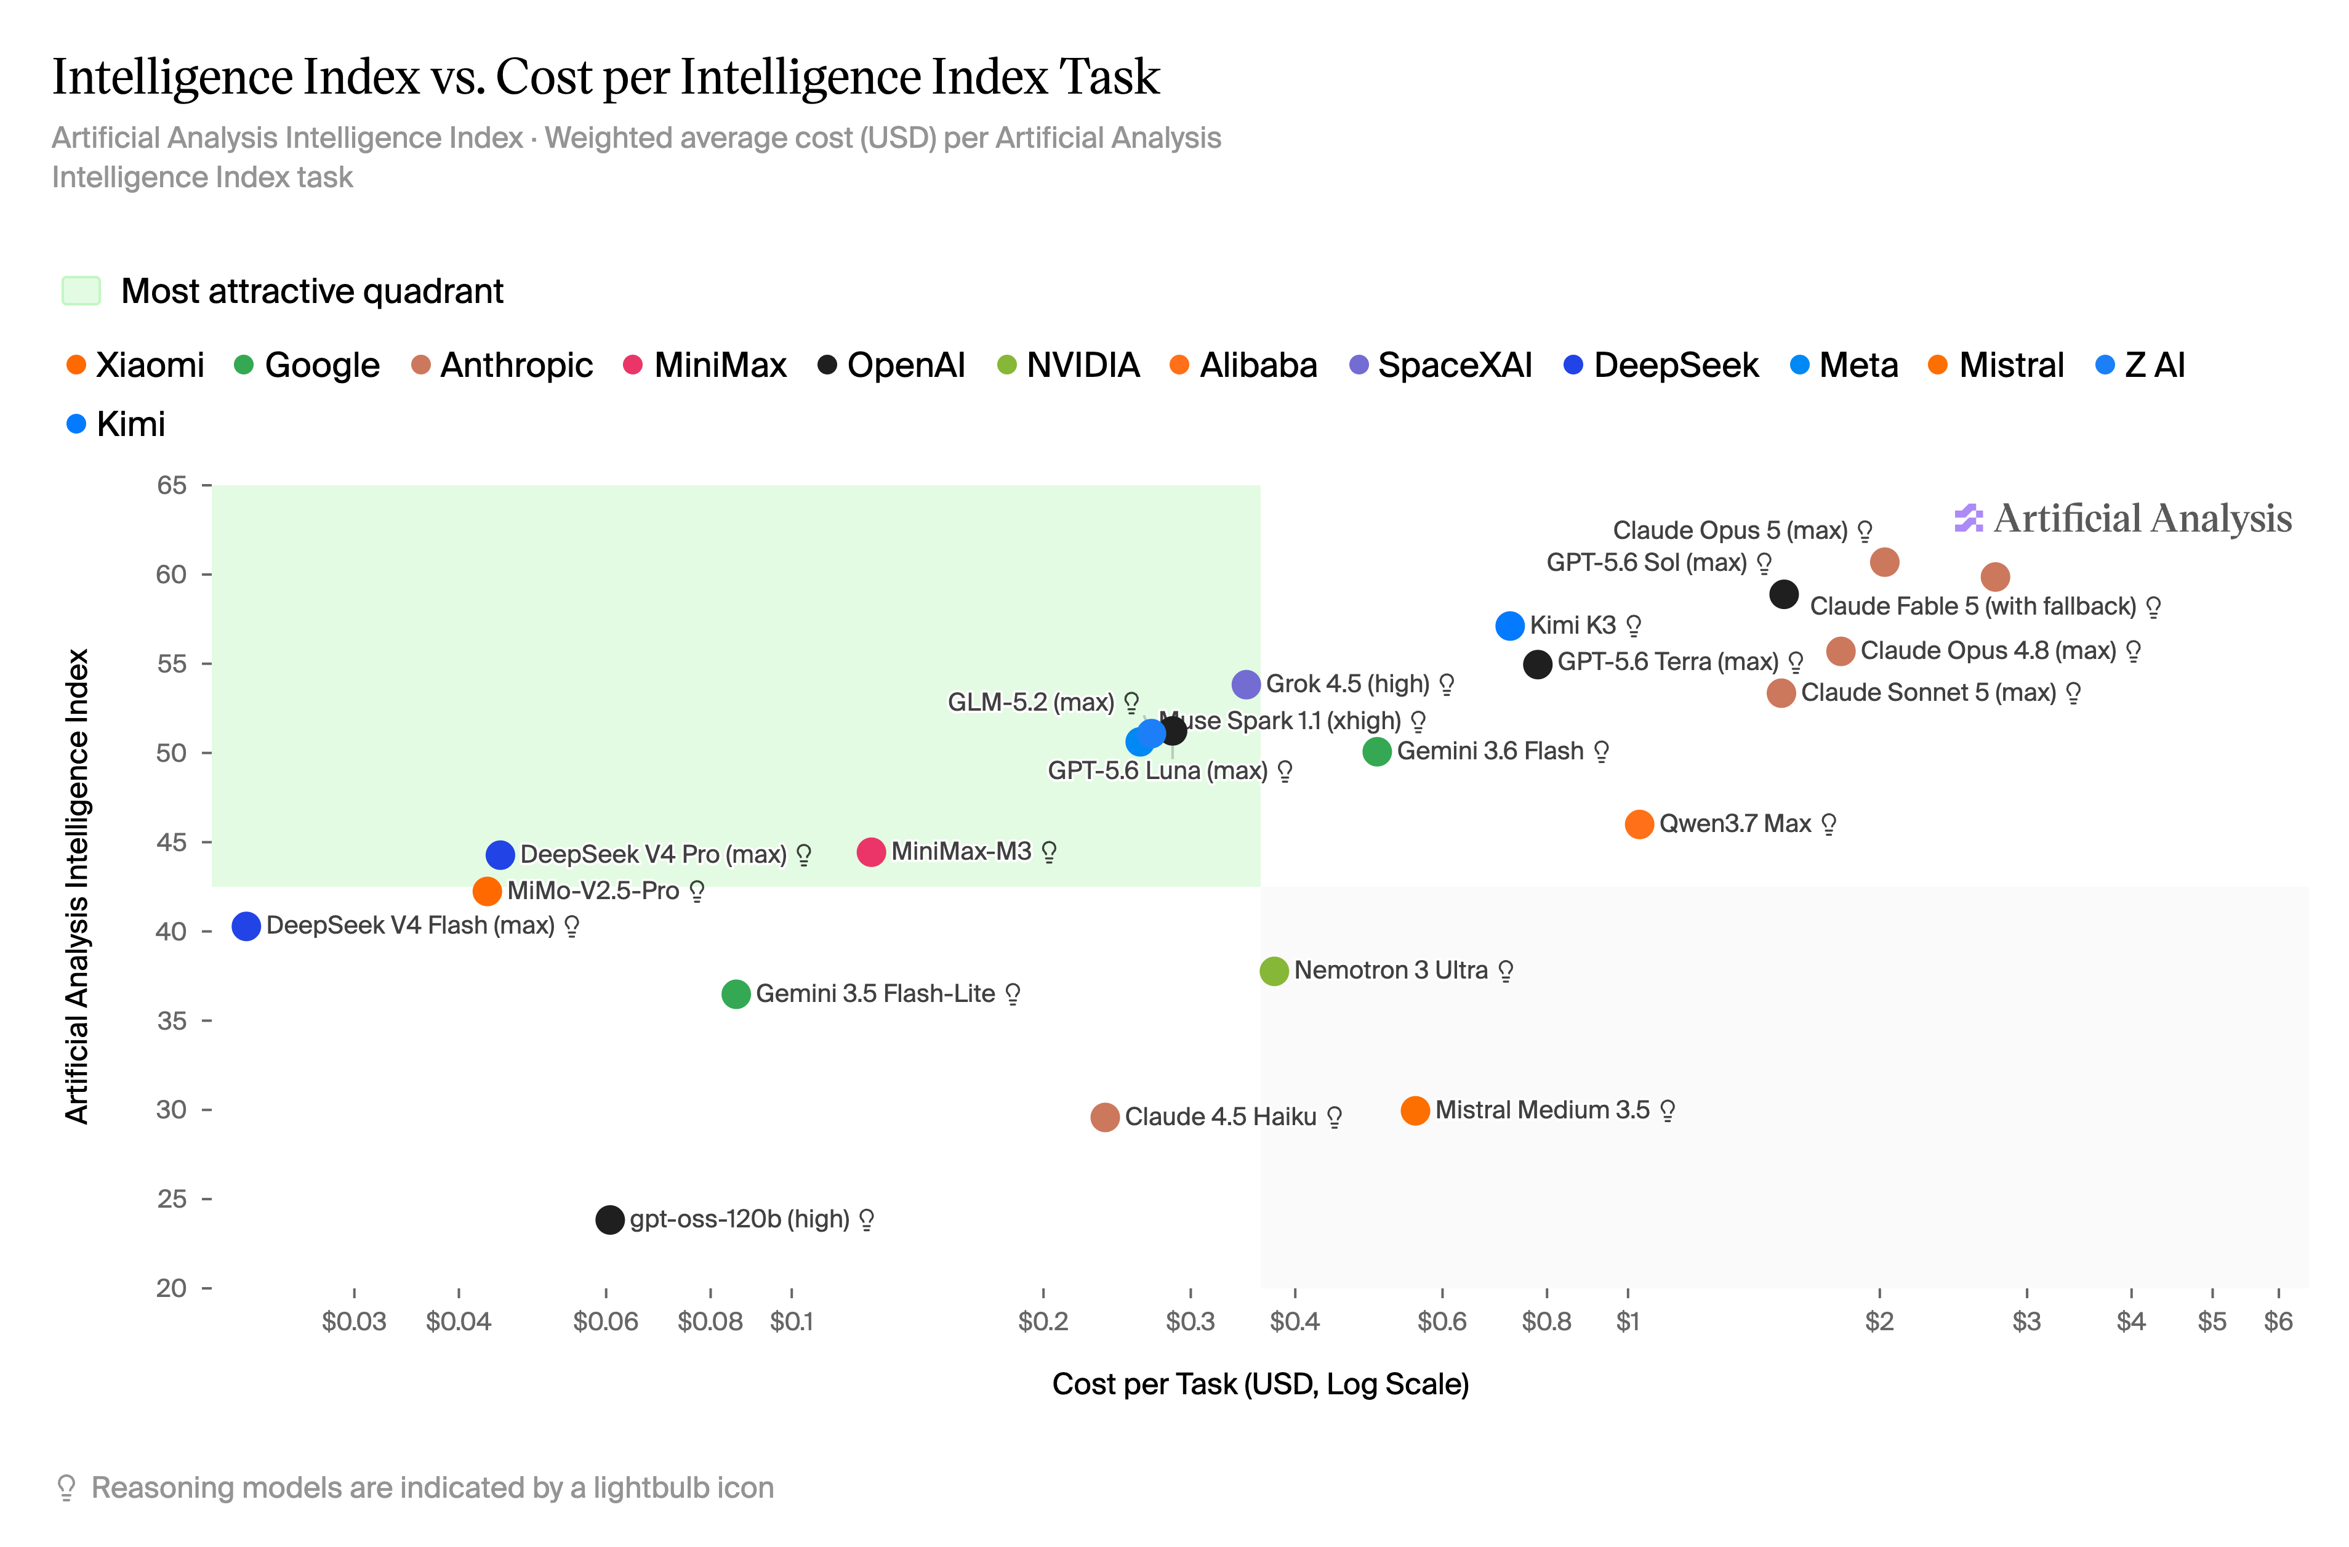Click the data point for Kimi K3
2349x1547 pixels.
click(1509, 626)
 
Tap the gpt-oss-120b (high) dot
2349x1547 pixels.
click(610, 1219)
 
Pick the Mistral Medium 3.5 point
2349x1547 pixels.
click(1415, 1110)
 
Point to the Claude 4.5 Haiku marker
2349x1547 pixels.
click(1104, 1118)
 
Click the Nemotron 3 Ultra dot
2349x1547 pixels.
click(1274, 971)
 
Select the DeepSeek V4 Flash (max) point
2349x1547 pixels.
click(246, 926)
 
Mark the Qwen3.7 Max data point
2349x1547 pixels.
click(1639, 825)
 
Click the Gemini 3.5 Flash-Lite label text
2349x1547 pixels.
click(875, 993)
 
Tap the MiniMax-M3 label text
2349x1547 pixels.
click(962, 851)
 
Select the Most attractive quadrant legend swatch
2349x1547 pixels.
click(81, 291)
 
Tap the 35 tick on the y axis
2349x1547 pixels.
click(207, 1021)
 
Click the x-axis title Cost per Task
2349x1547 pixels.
click(1260, 1384)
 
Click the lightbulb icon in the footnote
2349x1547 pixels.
click(66, 1488)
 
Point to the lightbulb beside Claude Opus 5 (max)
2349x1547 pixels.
click(1865, 531)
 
